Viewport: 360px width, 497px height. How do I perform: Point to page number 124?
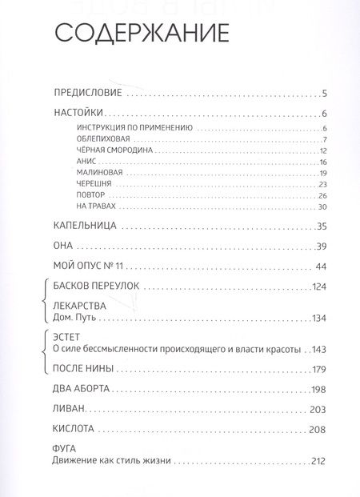click(x=320, y=287)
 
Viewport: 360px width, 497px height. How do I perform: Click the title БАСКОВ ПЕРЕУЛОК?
click(x=98, y=287)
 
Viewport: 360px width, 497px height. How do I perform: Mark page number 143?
click(x=320, y=349)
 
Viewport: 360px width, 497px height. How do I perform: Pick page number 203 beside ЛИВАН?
click(x=320, y=409)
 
